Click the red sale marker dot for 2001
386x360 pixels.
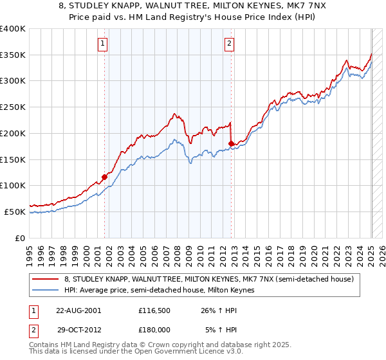[x=104, y=177]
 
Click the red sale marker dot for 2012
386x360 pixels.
[x=231, y=143]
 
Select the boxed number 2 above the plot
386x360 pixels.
[x=230, y=44]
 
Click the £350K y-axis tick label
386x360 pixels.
[x=13, y=55]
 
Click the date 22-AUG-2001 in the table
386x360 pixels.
[x=78, y=310]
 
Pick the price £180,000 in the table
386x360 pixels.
[x=155, y=330]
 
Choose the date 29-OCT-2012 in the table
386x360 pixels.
[x=78, y=330]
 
